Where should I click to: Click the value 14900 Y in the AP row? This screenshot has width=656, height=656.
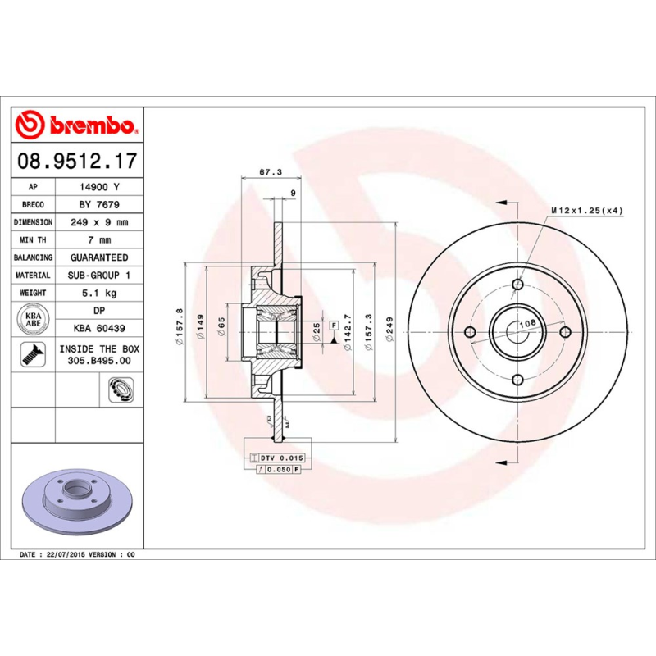point(98,187)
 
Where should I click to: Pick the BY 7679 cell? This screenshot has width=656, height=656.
point(98,204)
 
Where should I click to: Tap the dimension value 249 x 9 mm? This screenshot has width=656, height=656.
point(98,222)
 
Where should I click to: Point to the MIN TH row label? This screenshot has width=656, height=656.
point(34,240)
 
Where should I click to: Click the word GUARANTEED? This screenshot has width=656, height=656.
point(98,257)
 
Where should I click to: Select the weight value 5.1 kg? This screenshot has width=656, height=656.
point(98,293)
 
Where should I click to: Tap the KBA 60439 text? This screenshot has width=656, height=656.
point(98,328)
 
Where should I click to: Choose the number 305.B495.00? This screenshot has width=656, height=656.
point(98,360)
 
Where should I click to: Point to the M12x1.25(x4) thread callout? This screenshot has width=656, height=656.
point(586,211)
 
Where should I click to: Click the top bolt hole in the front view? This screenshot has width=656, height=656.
point(517,285)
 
